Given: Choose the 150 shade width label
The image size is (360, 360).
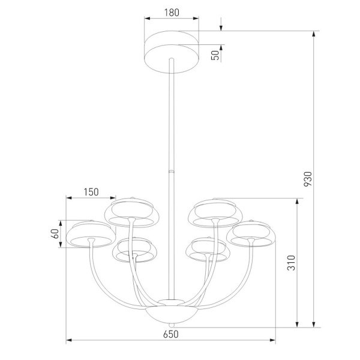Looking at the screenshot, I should [x=91, y=192].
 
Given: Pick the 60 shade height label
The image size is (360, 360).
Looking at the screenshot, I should [x=55, y=233].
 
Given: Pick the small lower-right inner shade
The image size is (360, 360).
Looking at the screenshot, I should [x=208, y=250].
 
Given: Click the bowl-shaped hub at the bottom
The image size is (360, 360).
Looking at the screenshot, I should [x=171, y=314].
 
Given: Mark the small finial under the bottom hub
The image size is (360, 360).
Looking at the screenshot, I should [x=171, y=325].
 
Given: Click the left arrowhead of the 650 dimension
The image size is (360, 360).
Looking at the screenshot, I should [x=68, y=341].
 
